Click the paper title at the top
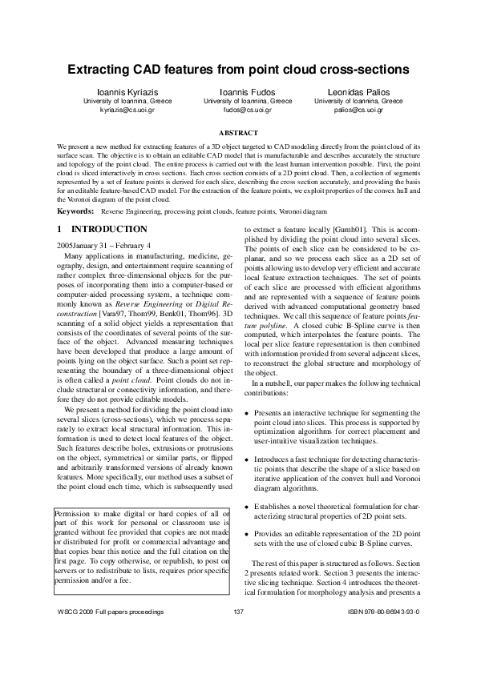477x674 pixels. click(x=238, y=70)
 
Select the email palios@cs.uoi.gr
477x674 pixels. click(x=358, y=110)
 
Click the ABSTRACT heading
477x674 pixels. click(x=238, y=132)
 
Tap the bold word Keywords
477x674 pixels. click(x=73, y=211)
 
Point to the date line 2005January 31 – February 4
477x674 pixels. click(x=104, y=243)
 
